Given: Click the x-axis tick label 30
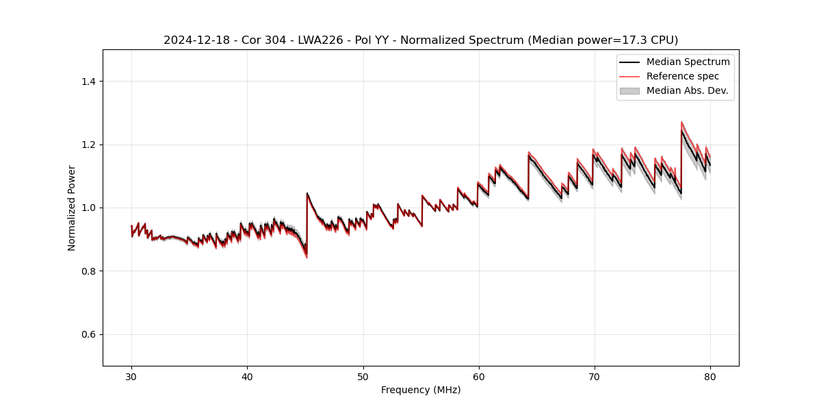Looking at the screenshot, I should click(x=131, y=376).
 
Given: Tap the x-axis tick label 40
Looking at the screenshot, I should click(x=247, y=376).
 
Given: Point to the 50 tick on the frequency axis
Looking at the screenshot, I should click(x=363, y=376).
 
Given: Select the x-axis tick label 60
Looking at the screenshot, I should click(x=479, y=376).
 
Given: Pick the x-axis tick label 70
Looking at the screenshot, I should click(x=595, y=376).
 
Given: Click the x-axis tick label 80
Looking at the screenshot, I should click(x=710, y=376).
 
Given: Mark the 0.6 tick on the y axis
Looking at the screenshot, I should click(x=88, y=334).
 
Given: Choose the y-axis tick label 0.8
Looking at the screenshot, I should click(x=88, y=271).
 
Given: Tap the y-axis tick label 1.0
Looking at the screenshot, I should click(x=88, y=208).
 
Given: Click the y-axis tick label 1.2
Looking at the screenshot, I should click(x=88, y=145).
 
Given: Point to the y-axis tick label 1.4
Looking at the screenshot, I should click(x=88, y=82).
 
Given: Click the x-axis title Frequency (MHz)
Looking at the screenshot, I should click(x=421, y=390).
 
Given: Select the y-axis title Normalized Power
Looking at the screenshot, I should click(x=72, y=208).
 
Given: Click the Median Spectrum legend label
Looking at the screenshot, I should click(x=688, y=62).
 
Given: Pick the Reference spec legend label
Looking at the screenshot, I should click(x=682, y=76).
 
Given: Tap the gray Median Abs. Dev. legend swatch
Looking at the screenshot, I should click(x=629, y=90).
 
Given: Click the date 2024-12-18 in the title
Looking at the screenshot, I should click(x=193, y=40).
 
